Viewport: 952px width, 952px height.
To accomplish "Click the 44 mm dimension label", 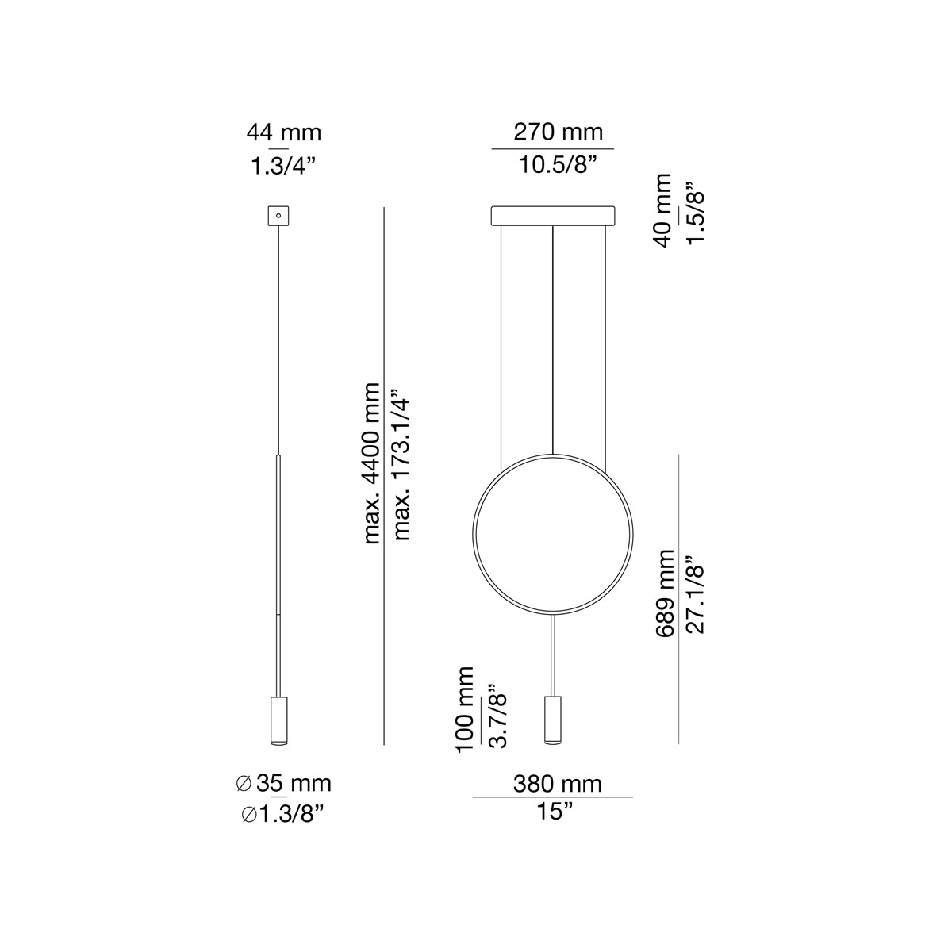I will pyautogui.click(x=283, y=132).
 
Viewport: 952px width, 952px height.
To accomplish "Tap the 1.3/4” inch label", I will pyautogui.click(x=283, y=167).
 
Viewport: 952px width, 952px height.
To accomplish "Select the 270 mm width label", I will pyautogui.click(x=558, y=132).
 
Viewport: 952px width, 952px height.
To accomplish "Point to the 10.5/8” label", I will pyautogui.click(x=558, y=167).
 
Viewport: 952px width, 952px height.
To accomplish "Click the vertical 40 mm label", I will pyautogui.click(x=662, y=210).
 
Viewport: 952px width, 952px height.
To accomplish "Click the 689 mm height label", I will pyautogui.click(x=665, y=592).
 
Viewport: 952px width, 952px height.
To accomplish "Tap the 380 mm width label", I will pyautogui.click(x=557, y=784).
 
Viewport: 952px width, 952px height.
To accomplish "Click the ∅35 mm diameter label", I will pyautogui.click(x=284, y=784).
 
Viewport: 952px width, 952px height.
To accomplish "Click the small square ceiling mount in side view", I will pyautogui.click(x=278, y=215).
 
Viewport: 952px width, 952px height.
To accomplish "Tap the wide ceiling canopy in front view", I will pyautogui.click(x=553, y=216).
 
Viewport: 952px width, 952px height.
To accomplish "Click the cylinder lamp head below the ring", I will pyautogui.click(x=552, y=720).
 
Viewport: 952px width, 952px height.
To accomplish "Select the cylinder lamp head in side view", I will pyautogui.click(x=278, y=720).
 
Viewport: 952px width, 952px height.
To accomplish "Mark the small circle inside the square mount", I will pyautogui.click(x=278, y=214).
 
